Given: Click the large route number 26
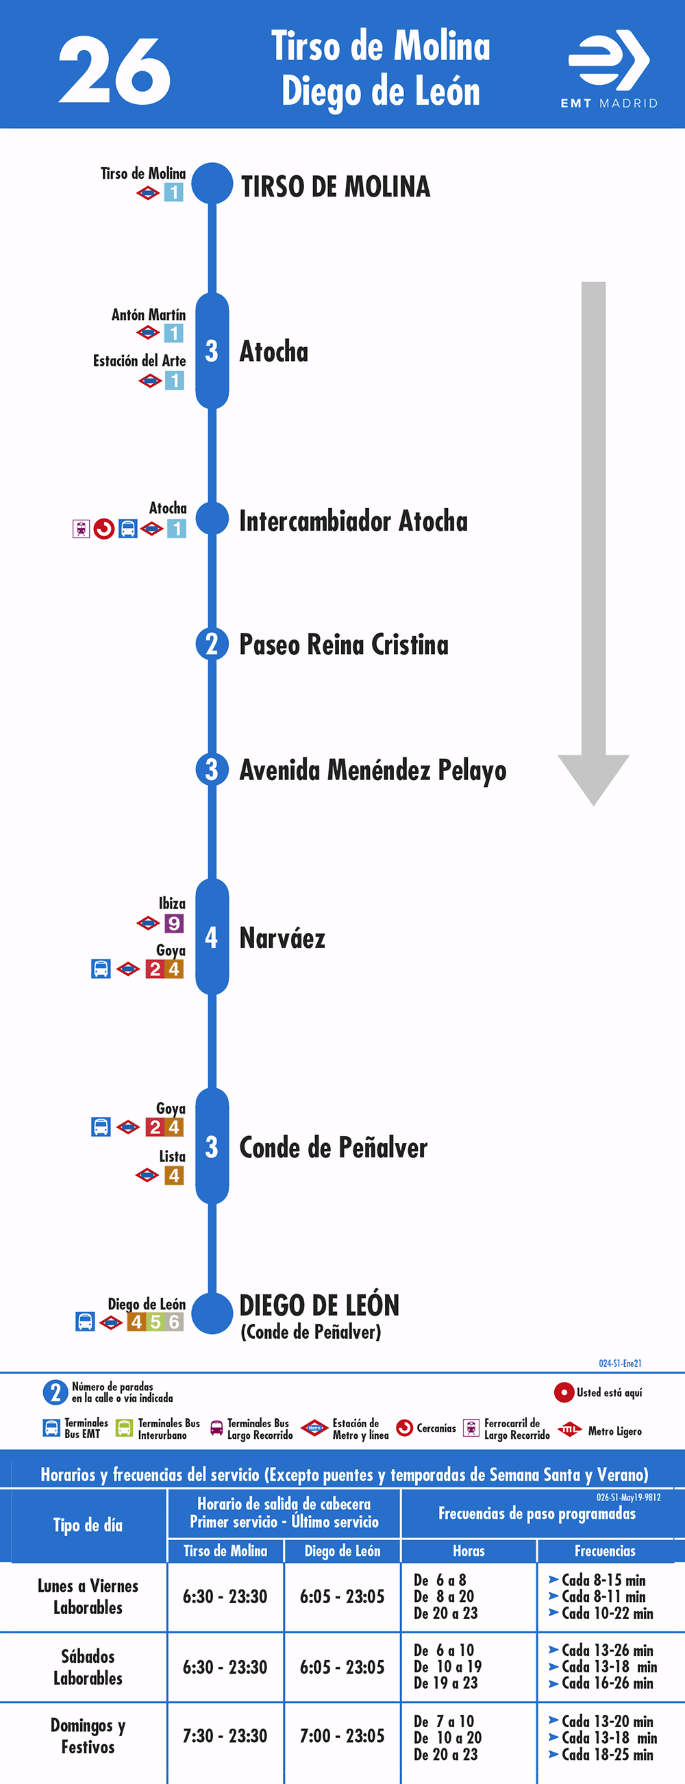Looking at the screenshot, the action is [114, 70].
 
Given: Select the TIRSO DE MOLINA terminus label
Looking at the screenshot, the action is [335, 187].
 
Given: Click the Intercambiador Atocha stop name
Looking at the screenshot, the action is [353, 520].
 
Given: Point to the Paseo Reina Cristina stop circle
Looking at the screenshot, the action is [212, 644].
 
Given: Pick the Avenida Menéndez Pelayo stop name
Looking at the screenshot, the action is [373, 770].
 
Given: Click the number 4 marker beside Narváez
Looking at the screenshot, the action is [212, 937].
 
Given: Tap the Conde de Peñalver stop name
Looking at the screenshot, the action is [333, 1148].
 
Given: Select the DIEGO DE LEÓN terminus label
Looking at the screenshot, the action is [319, 1305].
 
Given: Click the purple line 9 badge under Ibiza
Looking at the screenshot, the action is [174, 923].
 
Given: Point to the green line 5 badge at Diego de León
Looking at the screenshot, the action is [155, 1322].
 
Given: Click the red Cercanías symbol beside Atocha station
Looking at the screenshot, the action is [104, 529].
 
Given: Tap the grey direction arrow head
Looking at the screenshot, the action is [594, 780].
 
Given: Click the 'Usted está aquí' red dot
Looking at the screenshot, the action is [564, 1392].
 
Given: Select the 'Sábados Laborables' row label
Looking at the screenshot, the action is [88, 1667].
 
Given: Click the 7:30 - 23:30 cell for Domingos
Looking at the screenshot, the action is [225, 1735].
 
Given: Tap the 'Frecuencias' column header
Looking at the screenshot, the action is [605, 1551].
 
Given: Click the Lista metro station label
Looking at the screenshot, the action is [172, 1157].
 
